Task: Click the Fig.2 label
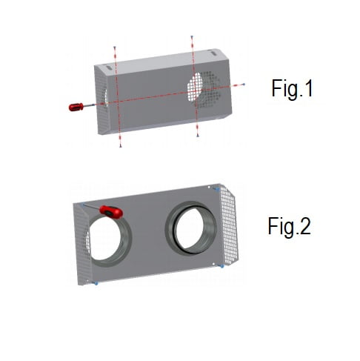[290, 226]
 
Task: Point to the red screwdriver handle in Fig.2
[112, 212]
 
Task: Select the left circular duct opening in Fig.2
[108, 238]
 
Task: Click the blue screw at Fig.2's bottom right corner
[221, 265]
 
